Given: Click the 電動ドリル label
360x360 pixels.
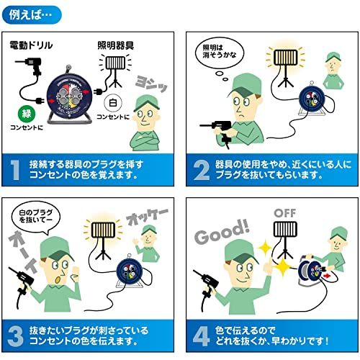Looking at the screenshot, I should [x=30, y=45].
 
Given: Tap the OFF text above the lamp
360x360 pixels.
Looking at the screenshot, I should [x=287, y=214].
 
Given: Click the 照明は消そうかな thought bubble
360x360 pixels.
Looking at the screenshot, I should [x=221, y=55].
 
